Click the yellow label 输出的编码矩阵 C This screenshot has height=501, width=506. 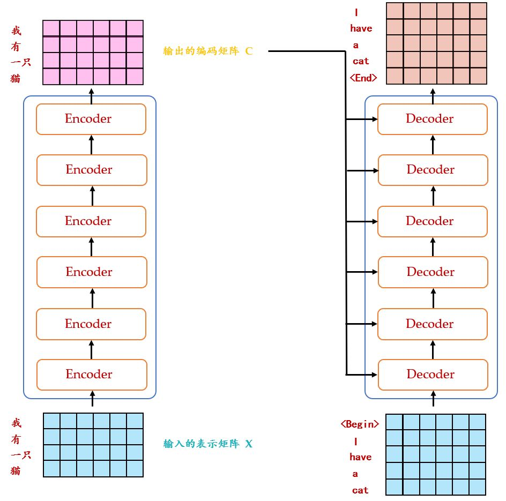click(x=208, y=51)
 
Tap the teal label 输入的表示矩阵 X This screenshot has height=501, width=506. click(x=208, y=444)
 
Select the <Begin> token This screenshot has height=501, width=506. click(x=360, y=424)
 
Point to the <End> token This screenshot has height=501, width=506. click(x=363, y=78)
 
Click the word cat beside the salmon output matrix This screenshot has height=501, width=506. click(x=361, y=61)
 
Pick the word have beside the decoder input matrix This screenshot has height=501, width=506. click(x=360, y=457)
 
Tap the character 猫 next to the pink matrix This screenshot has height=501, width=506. click(x=16, y=79)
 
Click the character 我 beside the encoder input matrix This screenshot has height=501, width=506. click(x=16, y=423)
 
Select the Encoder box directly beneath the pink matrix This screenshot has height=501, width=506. click(x=91, y=119)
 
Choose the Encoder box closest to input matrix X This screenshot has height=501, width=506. click(x=91, y=375)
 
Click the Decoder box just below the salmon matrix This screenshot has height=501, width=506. click(x=432, y=119)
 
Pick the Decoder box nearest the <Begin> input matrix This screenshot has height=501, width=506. click(x=433, y=375)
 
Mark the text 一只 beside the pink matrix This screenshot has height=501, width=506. click(x=21, y=62)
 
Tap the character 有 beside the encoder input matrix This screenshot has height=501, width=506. click(x=16, y=439)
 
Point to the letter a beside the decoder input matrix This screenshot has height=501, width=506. click(x=355, y=474)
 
